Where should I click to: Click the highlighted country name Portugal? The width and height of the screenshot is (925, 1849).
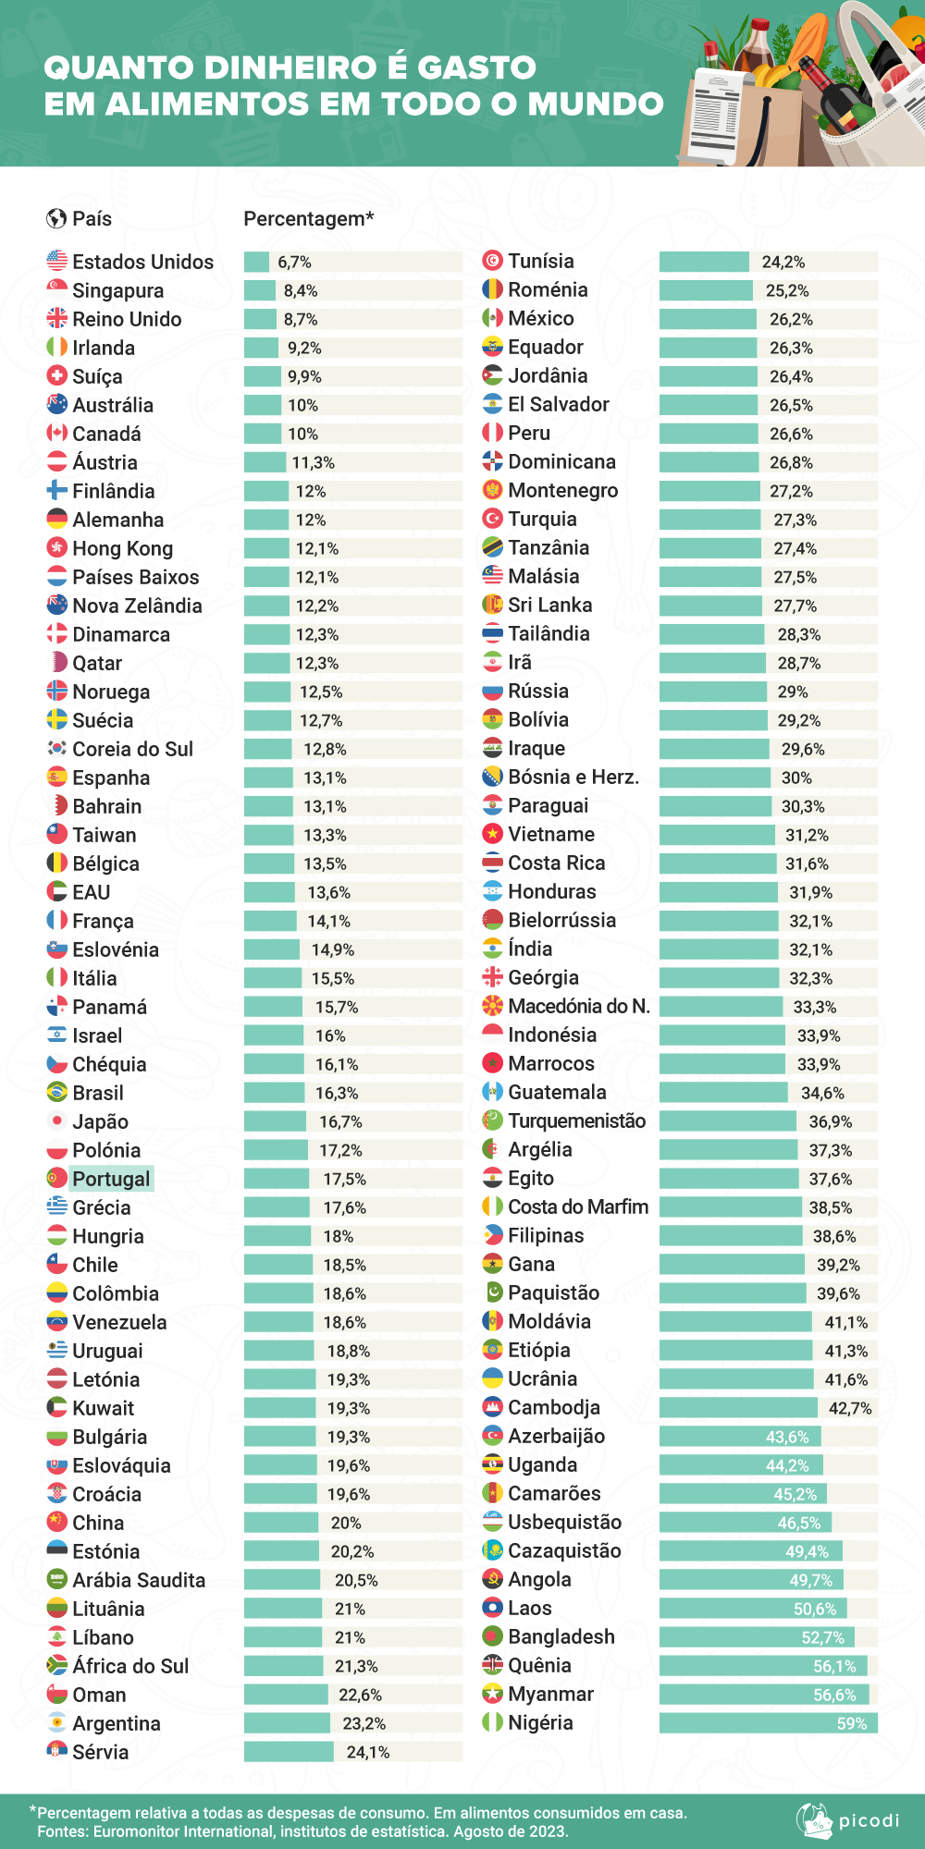click(111, 1179)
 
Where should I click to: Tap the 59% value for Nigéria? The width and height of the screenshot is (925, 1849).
click(851, 1723)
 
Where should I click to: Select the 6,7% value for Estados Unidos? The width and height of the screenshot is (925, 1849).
click(294, 263)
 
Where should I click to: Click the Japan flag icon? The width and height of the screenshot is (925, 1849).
click(57, 1121)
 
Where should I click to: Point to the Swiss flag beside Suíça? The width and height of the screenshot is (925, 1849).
click(57, 376)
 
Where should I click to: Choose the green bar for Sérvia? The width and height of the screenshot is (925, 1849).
click(289, 1752)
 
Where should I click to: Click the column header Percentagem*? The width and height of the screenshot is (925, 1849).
click(308, 219)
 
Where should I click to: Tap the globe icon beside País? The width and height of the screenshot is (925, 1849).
click(56, 219)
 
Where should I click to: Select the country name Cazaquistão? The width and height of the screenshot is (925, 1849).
click(564, 1550)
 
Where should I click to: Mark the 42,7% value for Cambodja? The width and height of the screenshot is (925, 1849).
click(849, 1408)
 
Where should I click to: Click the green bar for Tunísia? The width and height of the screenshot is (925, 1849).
click(704, 262)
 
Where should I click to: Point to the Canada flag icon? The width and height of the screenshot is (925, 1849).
click(57, 434)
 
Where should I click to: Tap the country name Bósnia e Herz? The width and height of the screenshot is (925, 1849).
click(573, 777)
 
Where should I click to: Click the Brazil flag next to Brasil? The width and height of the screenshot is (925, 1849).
click(57, 1093)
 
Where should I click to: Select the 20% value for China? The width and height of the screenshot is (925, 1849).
click(346, 1523)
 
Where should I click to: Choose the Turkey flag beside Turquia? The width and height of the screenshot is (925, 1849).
click(493, 519)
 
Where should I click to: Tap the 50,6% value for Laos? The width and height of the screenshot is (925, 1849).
click(814, 1609)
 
